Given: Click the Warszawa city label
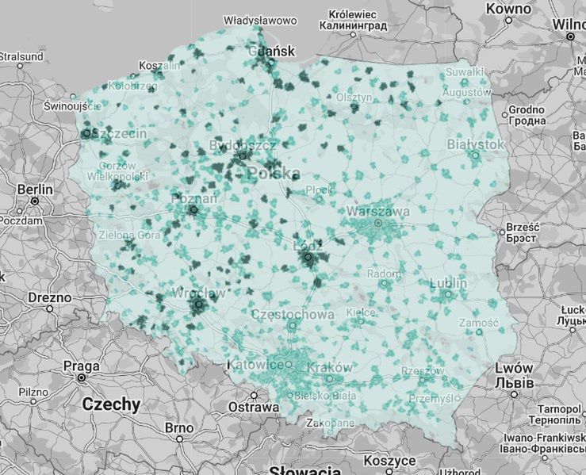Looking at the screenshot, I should (x=378, y=212).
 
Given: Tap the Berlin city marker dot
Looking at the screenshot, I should (x=35, y=201).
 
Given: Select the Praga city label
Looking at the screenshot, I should (x=82, y=366).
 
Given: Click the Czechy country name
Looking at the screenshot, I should (x=111, y=404).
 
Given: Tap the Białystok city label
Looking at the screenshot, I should (x=476, y=144).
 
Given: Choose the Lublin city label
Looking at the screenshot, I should (x=448, y=284).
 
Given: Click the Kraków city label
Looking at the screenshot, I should (x=327, y=368).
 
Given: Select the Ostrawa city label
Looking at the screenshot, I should (x=253, y=408).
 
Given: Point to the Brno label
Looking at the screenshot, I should (x=179, y=427).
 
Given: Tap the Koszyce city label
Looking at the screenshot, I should (x=389, y=461).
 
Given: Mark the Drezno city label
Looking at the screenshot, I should (x=49, y=297).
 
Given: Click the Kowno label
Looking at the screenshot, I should (x=508, y=9).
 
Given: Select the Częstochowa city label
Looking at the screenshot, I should (x=293, y=314).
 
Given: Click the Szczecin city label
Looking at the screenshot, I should (x=119, y=134).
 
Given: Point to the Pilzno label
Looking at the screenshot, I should (x=33, y=392).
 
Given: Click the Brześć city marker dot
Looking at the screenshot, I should (x=501, y=232).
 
